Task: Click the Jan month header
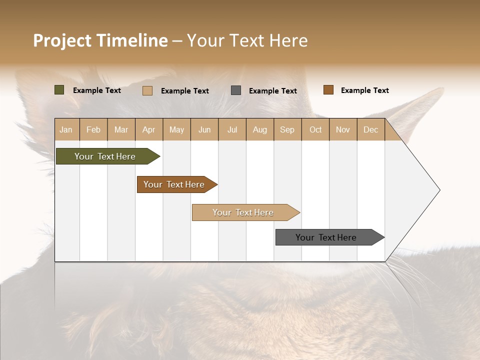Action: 66,129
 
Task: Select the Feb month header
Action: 93,129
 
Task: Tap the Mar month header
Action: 121,129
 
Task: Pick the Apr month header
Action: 148,129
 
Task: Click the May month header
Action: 176,129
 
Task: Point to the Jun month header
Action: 204,129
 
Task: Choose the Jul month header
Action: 232,129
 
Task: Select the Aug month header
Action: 259,129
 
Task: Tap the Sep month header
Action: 287,129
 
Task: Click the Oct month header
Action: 315,129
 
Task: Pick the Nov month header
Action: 342,129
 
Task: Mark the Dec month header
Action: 370,129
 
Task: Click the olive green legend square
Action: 59,90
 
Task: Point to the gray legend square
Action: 236,90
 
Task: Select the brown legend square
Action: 328,90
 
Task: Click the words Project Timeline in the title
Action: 100,40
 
